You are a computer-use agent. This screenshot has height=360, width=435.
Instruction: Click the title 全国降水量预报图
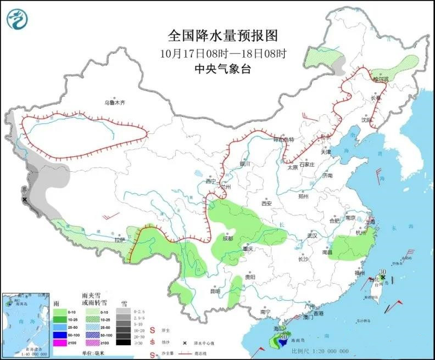222,36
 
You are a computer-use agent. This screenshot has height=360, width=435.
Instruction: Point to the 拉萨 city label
120,240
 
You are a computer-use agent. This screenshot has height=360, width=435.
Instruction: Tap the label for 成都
227,239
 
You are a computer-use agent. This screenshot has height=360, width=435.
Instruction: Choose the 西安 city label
267,203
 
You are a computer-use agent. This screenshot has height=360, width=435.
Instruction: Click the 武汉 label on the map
313,235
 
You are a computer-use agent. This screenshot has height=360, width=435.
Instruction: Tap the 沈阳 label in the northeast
367,119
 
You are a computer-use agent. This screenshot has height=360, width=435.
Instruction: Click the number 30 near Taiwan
383,272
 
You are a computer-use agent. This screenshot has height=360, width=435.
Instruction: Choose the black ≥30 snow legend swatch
126,342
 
